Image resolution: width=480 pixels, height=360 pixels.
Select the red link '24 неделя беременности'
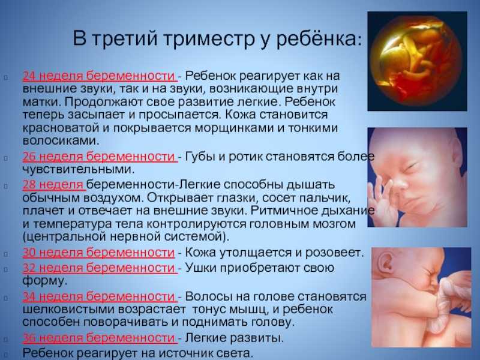click(x=99, y=76)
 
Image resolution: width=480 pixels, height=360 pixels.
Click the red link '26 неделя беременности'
click(x=99, y=157)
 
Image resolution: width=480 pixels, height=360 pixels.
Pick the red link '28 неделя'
click(x=53, y=185)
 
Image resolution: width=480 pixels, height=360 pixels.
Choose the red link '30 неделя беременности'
click(x=98, y=253)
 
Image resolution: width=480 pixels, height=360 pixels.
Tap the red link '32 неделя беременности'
click(x=99, y=268)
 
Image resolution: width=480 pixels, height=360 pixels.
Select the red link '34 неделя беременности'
click(x=99, y=296)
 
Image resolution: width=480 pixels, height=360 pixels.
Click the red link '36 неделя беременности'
click(x=99, y=338)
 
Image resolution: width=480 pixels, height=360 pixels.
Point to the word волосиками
click(x=61, y=140)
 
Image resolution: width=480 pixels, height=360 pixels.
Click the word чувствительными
click(x=79, y=169)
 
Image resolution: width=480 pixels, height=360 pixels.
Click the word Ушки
click(x=201, y=268)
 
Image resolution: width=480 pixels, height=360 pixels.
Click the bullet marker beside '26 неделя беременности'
click(x=6, y=158)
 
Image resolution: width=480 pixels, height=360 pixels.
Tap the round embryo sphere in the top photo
click(x=416, y=61)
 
